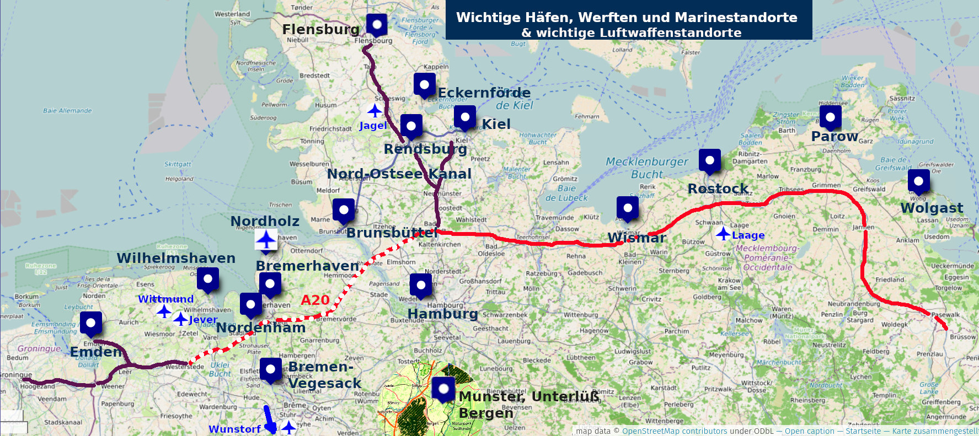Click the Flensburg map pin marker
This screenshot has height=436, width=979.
377,25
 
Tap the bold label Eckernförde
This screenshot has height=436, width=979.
484,93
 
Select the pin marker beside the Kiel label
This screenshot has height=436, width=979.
465,117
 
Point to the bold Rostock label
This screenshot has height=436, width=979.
718,189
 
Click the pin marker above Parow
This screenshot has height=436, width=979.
830,117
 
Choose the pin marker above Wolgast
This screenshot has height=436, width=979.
918,181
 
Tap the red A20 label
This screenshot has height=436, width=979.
315,300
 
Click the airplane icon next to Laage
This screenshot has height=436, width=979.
723,234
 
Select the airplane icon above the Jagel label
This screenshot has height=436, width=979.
375,111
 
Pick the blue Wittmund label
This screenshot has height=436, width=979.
165,299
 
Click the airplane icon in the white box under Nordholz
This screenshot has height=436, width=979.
266,240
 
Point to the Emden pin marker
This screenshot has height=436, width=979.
91,324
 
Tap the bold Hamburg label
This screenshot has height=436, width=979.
442,314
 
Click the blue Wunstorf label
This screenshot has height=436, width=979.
234,429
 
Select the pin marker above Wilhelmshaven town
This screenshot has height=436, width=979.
208,279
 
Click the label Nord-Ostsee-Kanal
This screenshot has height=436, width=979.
399,174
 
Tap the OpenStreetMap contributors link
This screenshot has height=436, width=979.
674,431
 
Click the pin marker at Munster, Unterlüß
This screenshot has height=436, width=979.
443,389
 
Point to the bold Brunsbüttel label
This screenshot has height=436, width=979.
392,233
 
